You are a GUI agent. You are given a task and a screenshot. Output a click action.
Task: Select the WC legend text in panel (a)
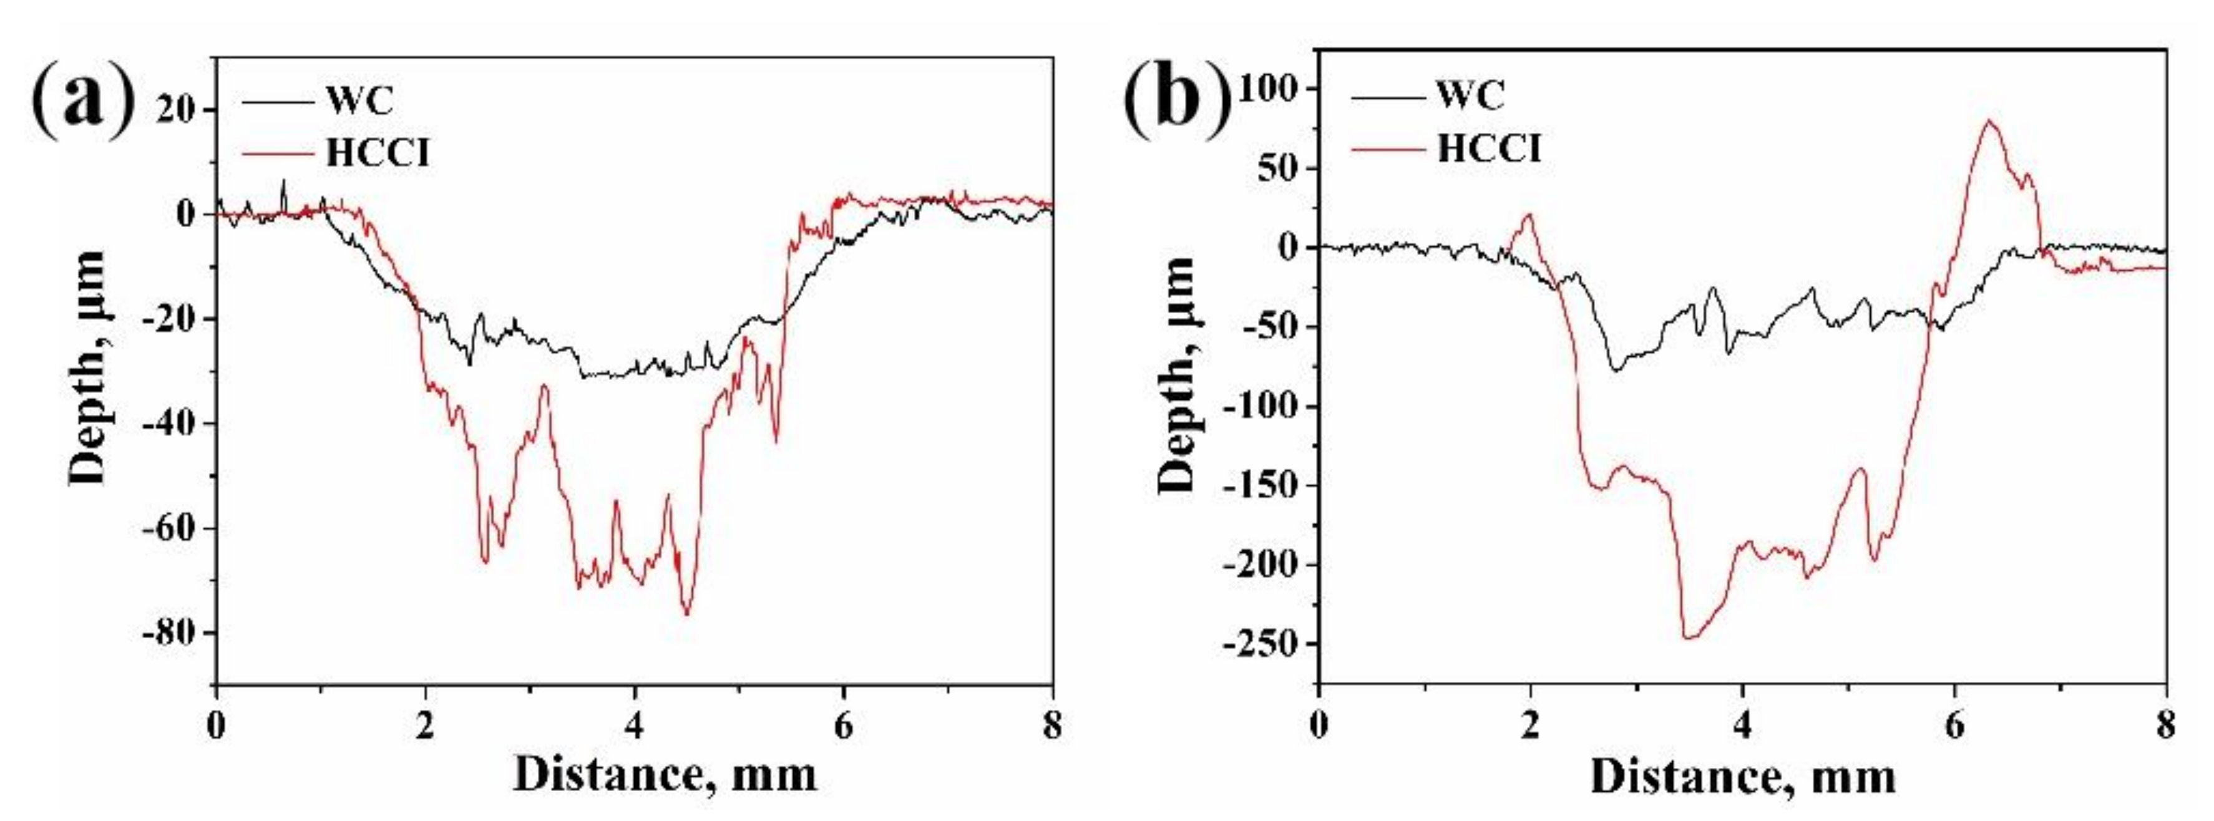(x=360, y=100)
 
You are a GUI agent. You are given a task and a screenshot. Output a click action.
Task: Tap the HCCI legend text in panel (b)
(x=1489, y=148)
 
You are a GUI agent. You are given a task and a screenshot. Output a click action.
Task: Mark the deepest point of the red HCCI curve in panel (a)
(x=686, y=614)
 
